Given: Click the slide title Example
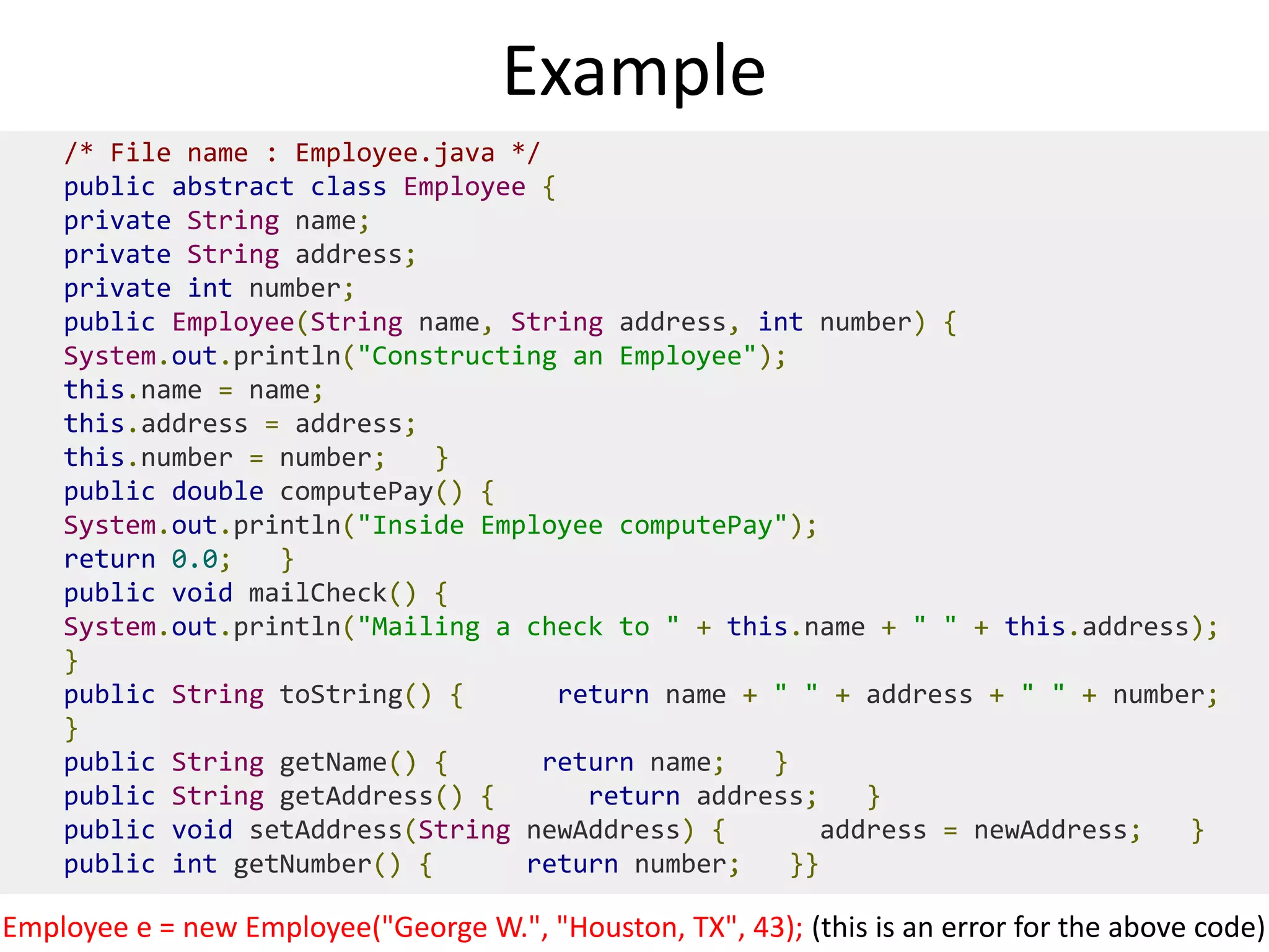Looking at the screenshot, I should click(634, 71).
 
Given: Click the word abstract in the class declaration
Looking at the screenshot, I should click(233, 187).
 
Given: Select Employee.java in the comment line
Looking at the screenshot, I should click(395, 153).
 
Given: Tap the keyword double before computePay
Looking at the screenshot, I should click(217, 491).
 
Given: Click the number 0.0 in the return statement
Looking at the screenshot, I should click(195, 560).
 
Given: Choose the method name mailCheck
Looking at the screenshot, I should click(317, 593).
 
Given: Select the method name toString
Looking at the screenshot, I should click(341, 695).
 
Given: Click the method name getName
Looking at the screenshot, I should click(333, 762).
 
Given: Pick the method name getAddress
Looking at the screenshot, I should click(356, 796).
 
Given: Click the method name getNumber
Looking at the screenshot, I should click(302, 865).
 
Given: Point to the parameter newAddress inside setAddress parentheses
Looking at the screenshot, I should click(603, 831).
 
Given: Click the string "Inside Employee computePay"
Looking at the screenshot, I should click(572, 526).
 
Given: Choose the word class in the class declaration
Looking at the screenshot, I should click(348, 187).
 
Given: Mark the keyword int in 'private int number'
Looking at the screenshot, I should click(210, 289).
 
